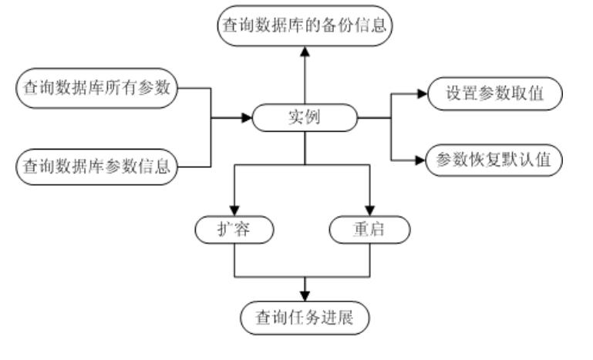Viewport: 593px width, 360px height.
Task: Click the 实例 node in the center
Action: tap(305, 119)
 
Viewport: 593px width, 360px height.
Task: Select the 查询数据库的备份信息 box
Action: tap(305, 26)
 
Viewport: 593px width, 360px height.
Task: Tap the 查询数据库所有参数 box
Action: tap(96, 89)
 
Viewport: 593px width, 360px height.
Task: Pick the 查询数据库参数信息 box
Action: tap(96, 165)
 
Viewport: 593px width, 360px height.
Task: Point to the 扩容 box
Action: tap(234, 229)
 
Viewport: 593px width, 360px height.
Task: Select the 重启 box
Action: tap(369, 229)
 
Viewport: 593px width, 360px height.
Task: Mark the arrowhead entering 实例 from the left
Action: tap(248, 119)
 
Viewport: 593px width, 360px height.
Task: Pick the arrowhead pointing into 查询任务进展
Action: tap(305, 298)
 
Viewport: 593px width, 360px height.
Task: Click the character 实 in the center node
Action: tap(296, 119)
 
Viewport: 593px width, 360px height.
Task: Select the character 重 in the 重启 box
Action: tap(361, 229)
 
